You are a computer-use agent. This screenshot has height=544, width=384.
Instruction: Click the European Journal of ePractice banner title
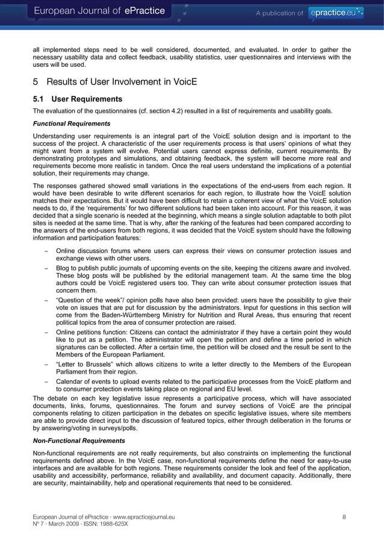[102, 11]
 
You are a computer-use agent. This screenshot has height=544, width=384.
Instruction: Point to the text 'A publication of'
[279, 13]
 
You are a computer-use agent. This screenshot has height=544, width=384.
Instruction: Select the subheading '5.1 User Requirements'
[78, 99]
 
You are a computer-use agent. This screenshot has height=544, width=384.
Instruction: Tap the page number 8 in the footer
[344, 517]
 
